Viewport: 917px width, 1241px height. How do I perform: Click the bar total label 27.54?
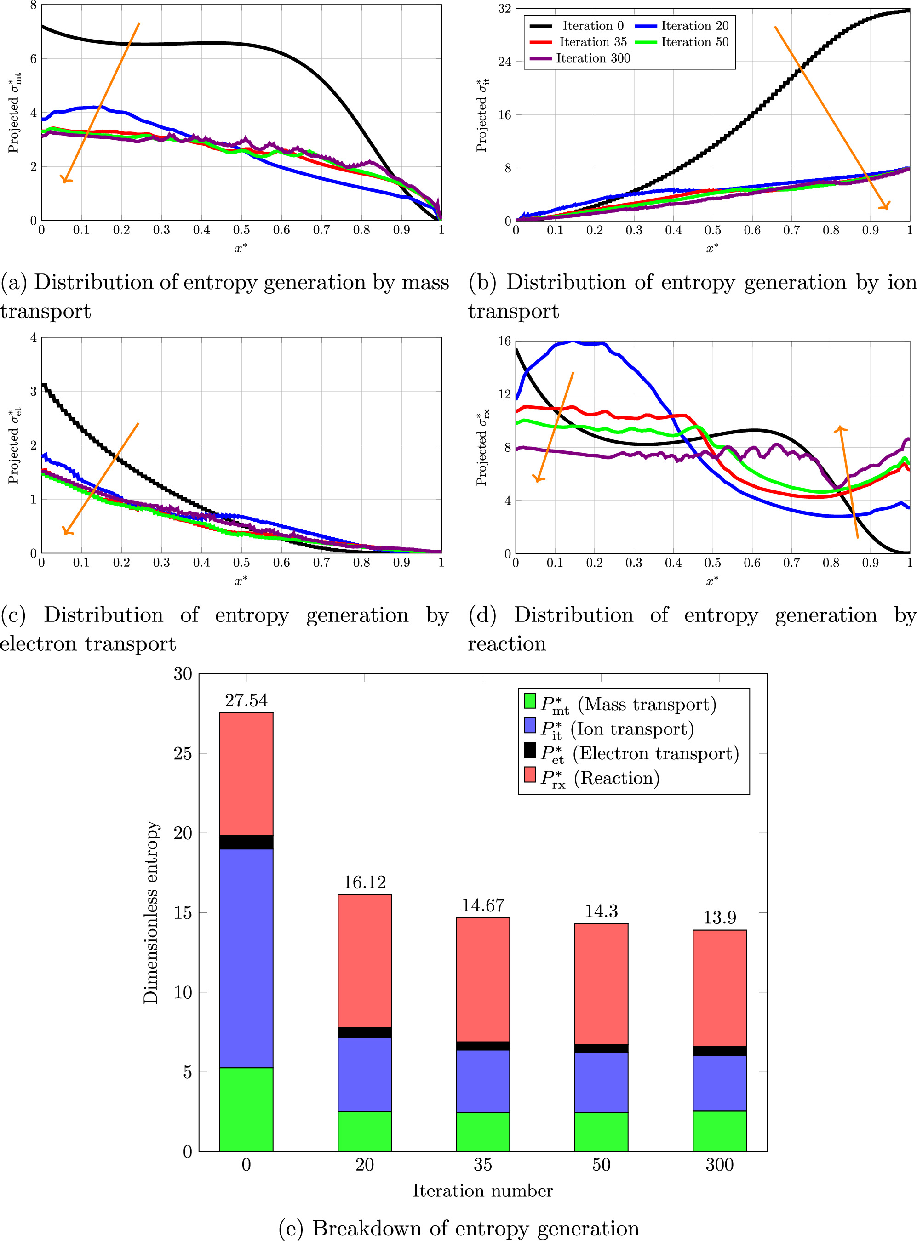pyautogui.click(x=246, y=700)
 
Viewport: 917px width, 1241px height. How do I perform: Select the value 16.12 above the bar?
pyautogui.click(x=364, y=882)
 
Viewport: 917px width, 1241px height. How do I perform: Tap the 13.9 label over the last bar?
pyautogui.click(x=719, y=917)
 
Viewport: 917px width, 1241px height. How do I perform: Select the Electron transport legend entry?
pyautogui.click(x=630, y=753)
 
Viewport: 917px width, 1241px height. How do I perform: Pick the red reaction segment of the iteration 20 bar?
pyautogui.click(x=364, y=960)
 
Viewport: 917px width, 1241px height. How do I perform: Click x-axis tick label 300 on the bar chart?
pyautogui.click(x=719, y=1164)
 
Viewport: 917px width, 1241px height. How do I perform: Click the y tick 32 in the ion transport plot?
pyautogui.click(x=504, y=9)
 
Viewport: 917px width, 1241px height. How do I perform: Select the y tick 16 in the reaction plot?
pyautogui.click(x=504, y=341)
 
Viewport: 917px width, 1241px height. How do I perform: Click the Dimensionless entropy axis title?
pyautogui.click(x=150, y=912)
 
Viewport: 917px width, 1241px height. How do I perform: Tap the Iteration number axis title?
pyautogui.click(x=482, y=1190)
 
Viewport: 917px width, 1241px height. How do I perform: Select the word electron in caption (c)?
pyautogui.click(x=39, y=643)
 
